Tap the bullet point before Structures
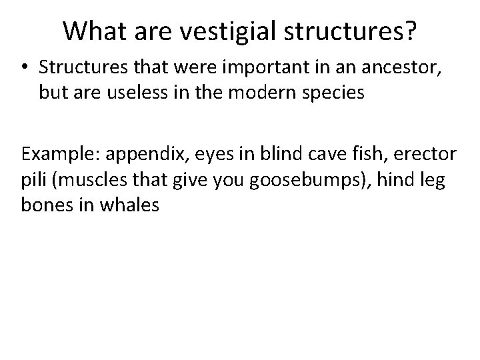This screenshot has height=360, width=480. coord(25,69)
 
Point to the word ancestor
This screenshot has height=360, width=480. coord(398,68)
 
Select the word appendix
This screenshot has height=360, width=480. coord(130,155)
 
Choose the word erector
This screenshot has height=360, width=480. coord(424,155)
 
